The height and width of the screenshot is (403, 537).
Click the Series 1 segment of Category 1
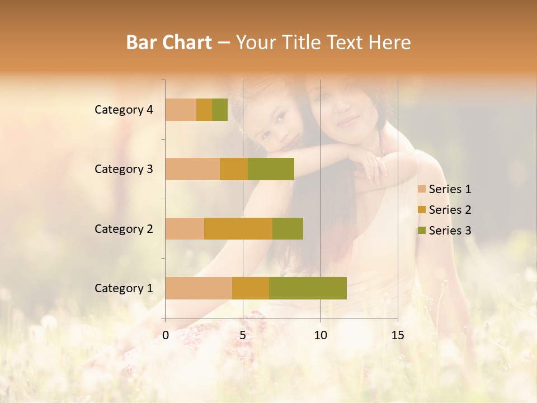[199, 288]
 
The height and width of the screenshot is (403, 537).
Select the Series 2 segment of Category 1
[251, 288]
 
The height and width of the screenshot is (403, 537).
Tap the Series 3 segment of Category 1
[308, 288]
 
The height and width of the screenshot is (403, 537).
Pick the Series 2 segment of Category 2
[238, 228]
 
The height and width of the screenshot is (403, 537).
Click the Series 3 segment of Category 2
[288, 228]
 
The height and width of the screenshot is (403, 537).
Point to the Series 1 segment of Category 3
[192, 169]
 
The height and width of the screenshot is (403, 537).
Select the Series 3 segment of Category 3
[271, 169]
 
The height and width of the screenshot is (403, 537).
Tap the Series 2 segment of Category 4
[204, 110]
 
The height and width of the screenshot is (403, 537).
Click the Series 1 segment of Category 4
[181, 110]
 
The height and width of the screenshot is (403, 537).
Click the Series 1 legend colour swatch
[421, 189]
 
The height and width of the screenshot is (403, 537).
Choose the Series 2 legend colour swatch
[421, 210]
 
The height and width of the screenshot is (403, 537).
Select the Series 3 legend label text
[450, 231]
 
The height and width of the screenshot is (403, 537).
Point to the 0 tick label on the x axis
[166, 335]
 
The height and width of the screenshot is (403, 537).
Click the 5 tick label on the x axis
[243, 335]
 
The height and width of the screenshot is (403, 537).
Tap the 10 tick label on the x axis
[320, 335]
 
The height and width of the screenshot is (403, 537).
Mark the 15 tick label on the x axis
[397, 335]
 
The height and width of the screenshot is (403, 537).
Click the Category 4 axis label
[124, 110]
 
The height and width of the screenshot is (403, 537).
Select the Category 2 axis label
[124, 228]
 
